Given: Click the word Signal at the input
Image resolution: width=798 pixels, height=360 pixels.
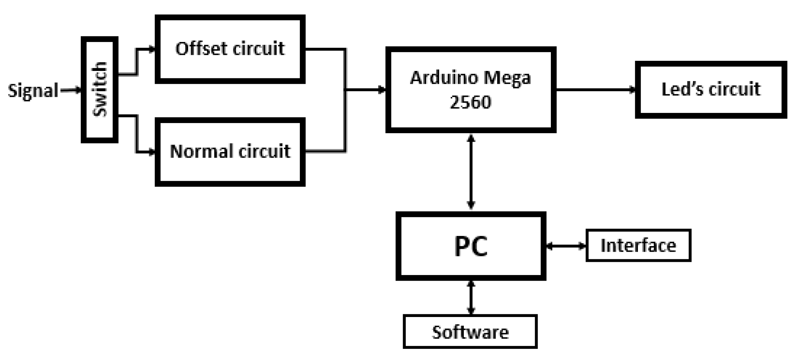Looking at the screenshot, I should coord(33,91).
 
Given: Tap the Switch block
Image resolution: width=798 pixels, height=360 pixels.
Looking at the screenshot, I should coord(100,89).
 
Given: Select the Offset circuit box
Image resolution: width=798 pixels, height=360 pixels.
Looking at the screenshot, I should coord(230,49).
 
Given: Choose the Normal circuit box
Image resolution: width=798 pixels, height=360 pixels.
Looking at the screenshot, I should coord(230,152).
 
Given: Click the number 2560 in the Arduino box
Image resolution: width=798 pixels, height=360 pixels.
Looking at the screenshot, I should coord(470,102).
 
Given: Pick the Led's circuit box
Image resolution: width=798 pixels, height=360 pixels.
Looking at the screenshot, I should coord(711,89).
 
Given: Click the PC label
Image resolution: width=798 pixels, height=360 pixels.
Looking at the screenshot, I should coord(470,246).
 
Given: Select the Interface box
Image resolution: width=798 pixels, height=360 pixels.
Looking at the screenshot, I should coord(638,245).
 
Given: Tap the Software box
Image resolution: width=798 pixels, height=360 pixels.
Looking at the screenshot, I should coord(470,332).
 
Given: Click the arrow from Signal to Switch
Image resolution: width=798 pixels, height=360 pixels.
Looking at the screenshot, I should coord(71,91).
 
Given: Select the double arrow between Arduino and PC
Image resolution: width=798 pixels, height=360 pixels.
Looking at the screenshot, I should coord(471,172).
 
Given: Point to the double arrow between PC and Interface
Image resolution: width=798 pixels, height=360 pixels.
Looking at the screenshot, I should coord(566,246).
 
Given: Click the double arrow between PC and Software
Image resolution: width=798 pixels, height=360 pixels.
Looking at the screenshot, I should coord(471,297).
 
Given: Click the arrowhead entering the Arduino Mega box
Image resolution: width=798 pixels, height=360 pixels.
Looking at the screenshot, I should coord(382,90).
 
